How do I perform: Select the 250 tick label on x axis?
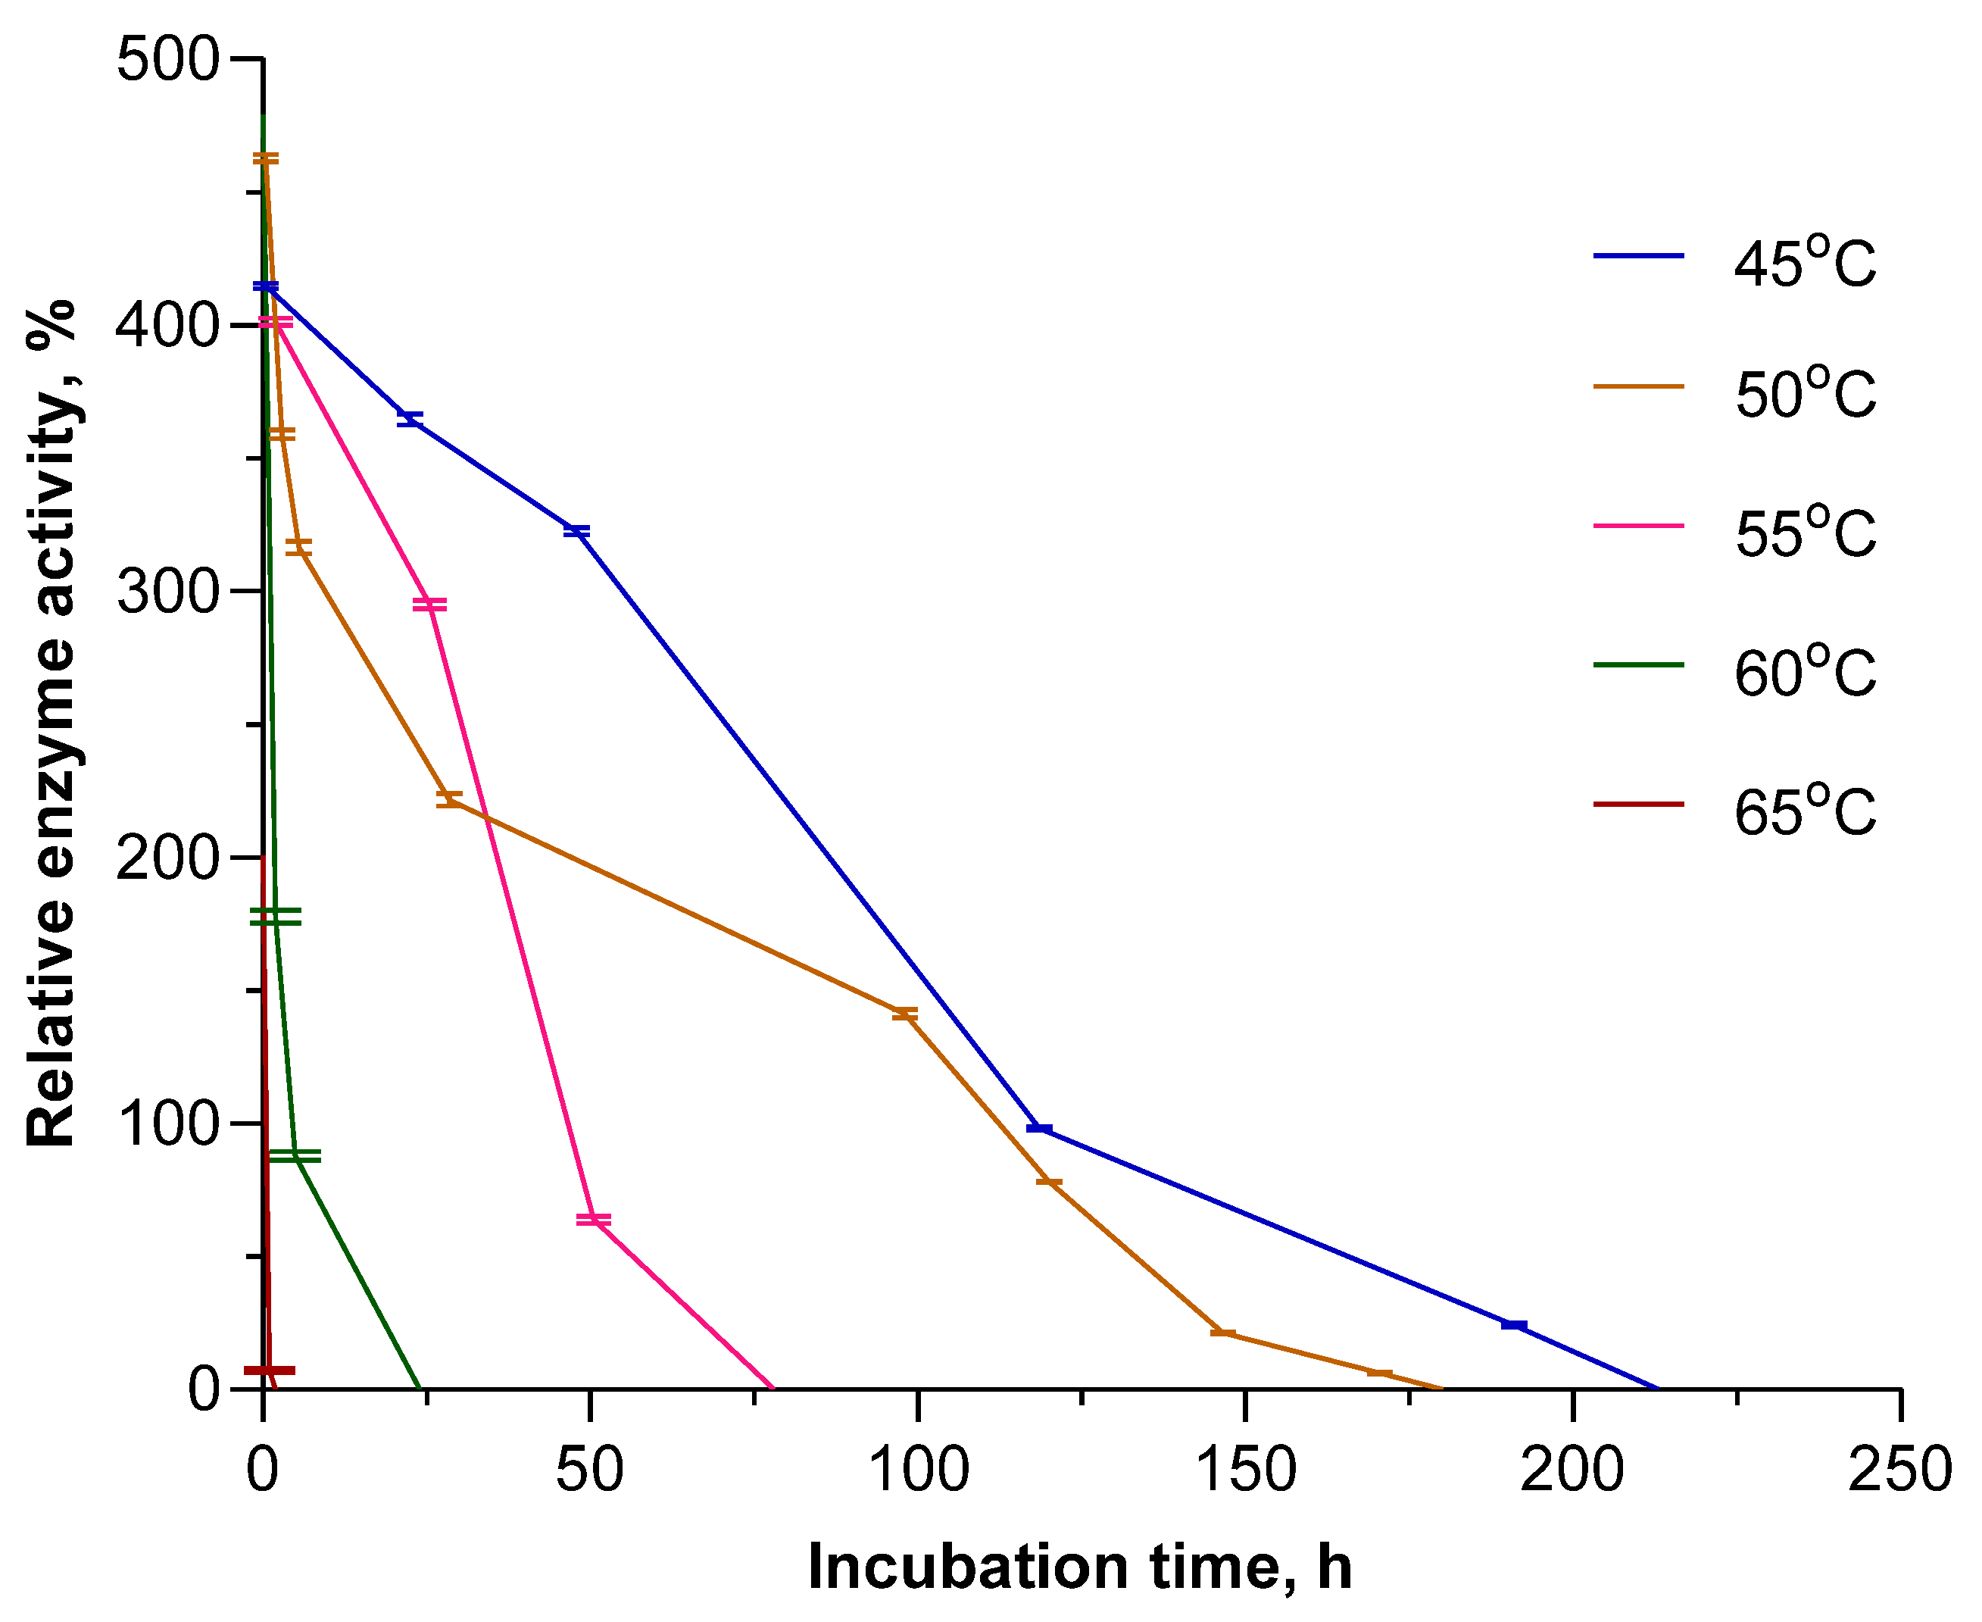click(1899, 1470)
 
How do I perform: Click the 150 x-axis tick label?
click(1245, 1470)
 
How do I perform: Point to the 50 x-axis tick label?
click(589, 1470)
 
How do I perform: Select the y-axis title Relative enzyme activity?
click(51, 723)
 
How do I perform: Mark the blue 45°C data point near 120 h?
click(1038, 1129)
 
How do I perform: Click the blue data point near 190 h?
click(1513, 1325)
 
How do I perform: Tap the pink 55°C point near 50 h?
click(593, 1219)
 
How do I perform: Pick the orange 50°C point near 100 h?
click(904, 1014)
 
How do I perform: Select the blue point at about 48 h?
click(576, 531)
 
